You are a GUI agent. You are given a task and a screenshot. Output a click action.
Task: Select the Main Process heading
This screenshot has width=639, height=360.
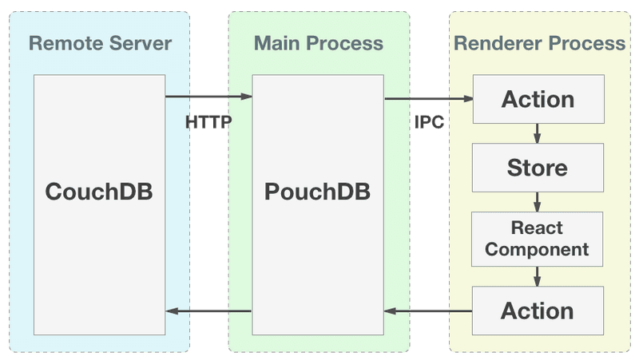pyautogui.click(x=318, y=42)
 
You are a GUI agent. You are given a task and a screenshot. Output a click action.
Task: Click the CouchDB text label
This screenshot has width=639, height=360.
pyautogui.click(x=98, y=194)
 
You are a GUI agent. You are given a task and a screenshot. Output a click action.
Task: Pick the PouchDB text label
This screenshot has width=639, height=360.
pyautogui.click(x=318, y=194)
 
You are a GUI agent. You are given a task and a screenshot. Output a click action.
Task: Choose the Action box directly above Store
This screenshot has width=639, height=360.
pyautogui.click(x=537, y=100)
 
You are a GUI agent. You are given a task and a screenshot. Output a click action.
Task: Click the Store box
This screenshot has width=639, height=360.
pyautogui.click(x=537, y=168)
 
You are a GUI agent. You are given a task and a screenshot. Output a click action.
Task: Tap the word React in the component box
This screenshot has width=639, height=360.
pyautogui.click(x=537, y=228)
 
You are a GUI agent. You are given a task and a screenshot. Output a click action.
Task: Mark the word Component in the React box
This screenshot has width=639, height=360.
pyautogui.click(x=537, y=249)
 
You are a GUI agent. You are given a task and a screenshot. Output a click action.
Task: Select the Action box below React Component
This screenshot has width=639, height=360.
pyautogui.click(x=537, y=311)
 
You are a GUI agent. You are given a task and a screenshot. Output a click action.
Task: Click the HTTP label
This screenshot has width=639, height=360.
pyautogui.click(x=208, y=123)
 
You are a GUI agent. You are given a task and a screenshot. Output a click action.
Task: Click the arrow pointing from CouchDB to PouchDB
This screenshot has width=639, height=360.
pyautogui.click(x=208, y=97)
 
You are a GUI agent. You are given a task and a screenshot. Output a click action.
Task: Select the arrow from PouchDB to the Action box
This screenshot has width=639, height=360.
pyautogui.click(x=428, y=99)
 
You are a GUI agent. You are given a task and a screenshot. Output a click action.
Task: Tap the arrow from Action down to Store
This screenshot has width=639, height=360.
pyautogui.click(x=538, y=133)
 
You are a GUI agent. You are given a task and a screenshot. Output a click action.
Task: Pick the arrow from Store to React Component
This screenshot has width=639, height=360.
pyautogui.click(x=538, y=200)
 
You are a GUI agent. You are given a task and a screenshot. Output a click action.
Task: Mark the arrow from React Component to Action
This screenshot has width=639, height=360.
pyautogui.click(x=538, y=275)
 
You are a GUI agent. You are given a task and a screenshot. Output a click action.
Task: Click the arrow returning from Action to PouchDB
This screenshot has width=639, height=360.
pyautogui.click(x=428, y=311)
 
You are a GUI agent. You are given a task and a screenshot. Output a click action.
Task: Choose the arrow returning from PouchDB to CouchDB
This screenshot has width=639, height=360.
pyautogui.click(x=208, y=311)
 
